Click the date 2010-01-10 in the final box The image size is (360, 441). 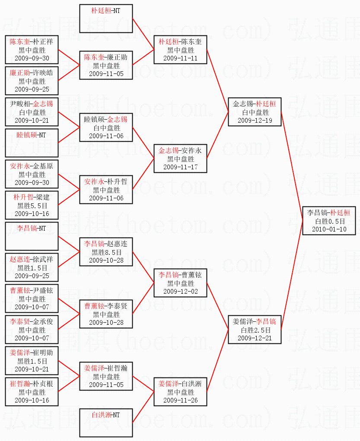pos(329,229)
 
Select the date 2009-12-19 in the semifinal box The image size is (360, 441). pos(255,121)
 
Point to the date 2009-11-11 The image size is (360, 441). pos(181,58)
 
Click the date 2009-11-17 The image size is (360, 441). pos(181,167)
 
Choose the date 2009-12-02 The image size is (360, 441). pos(181,292)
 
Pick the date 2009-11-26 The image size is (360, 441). pos(181,400)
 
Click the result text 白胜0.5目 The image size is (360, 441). pos(329,221)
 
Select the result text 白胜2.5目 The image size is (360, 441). pos(255,330)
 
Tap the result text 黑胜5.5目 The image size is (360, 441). pos(32,206)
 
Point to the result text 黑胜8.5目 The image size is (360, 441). pos(106,252)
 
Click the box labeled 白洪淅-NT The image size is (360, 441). pos(106,423)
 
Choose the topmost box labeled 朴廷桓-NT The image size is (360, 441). pos(106,19)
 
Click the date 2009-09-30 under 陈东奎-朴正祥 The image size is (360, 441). pos(32,58)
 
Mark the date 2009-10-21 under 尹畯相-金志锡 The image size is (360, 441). pos(32,121)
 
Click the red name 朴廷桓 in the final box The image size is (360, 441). pos(341,213)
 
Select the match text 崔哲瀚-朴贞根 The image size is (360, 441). pos(32,384)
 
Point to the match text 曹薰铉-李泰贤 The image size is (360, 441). pos(106,306)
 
